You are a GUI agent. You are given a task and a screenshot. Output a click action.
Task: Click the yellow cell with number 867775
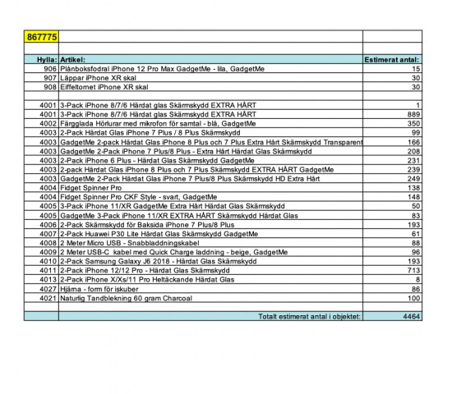[x=42, y=35]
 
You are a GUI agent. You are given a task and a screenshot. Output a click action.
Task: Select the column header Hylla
[x=41, y=60]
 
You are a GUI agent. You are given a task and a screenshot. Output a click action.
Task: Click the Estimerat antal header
[x=392, y=60]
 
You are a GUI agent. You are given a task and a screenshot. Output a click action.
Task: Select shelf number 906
[x=46, y=69]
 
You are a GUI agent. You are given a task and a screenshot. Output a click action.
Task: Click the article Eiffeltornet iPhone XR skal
[x=104, y=86]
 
